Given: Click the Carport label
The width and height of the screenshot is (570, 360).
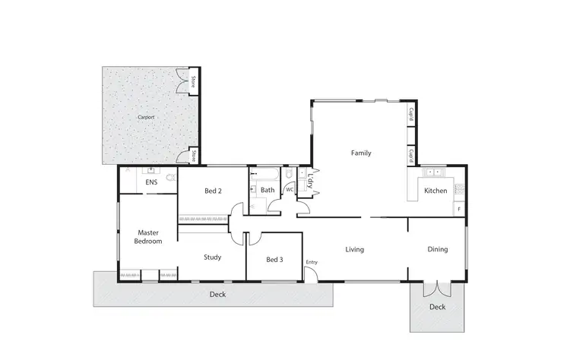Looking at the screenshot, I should click(x=146, y=118).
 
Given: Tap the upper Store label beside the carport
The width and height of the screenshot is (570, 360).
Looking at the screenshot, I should click(x=194, y=81).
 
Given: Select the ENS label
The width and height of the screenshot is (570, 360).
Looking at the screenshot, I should click(x=151, y=183).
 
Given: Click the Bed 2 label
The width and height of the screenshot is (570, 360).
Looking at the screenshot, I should click(x=213, y=191).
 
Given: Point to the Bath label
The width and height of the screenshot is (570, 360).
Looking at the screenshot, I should click(x=268, y=190).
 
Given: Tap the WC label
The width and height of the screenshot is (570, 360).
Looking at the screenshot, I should click(x=290, y=190).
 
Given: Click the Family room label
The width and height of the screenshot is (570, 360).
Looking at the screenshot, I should click(x=361, y=153).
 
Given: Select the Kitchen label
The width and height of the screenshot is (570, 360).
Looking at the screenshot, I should click(x=436, y=191).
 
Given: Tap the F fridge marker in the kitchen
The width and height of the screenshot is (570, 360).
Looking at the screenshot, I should click(x=458, y=207).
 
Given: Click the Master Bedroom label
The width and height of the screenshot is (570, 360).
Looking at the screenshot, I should click(x=149, y=236).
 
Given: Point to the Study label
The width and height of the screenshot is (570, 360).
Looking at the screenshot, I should click(x=213, y=257).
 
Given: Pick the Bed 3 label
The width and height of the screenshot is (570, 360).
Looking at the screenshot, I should click(x=274, y=260).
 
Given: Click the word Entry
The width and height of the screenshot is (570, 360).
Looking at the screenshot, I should click(x=312, y=263).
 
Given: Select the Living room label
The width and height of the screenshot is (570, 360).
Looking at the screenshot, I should click(x=355, y=249).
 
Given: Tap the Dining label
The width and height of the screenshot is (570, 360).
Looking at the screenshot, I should click(x=437, y=249).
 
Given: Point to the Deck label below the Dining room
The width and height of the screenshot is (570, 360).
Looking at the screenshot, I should click(x=437, y=307).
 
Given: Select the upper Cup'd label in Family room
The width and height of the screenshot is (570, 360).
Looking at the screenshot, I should click(x=410, y=115).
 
